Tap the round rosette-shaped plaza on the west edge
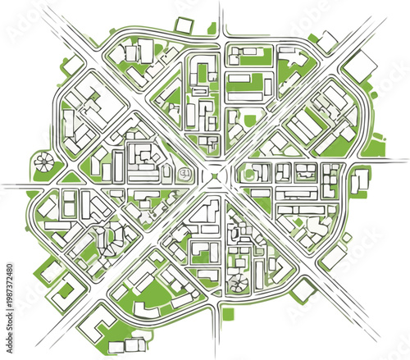(43, 162)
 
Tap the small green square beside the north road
(212, 29)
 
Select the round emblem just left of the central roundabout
(185, 173)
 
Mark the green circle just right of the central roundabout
(245, 174)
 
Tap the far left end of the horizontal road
(3, 185)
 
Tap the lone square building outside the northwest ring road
(73, 64)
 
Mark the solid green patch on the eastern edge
(375, 148)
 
